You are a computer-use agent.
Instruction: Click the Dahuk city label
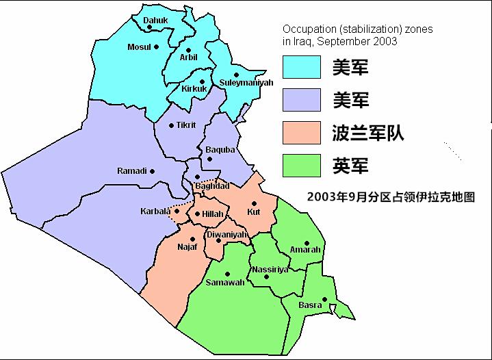[x=155, y=21]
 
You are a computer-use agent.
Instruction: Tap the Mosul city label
[x=139, y=47]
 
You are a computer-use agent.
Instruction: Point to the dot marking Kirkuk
[x=202, y=81]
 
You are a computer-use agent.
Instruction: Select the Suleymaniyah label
[x=246, y=83]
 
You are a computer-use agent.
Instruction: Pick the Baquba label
[x=220, y=150]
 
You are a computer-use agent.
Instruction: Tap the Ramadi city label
[x=132, y=171]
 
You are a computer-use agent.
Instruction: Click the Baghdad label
[x=212, y=186]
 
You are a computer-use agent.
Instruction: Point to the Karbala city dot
[x=177, y=210]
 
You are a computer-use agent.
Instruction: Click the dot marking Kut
[x=253, y=203]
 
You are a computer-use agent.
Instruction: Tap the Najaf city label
[x=187, y=246]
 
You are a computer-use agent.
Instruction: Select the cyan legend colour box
[x=302, y=67]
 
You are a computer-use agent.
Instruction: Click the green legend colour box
[x=302, y=166]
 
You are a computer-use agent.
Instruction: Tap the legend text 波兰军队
[x=367, y=133]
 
